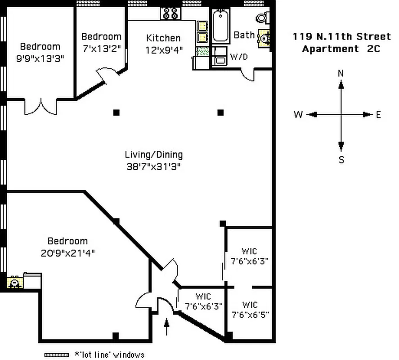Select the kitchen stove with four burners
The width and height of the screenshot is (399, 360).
pos(171,13)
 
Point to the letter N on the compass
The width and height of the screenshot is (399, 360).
pos(341,73)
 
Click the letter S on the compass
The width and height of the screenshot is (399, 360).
pos(341,160)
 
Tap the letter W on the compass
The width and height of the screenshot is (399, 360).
pos(298,115)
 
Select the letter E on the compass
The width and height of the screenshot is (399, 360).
pos(378,115)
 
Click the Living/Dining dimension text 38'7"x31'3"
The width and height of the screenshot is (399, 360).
pos(154,166)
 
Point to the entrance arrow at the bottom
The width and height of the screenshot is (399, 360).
pos(167,327)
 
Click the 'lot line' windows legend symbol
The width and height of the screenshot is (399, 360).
pos(56,355)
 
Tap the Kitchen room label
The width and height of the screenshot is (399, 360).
pos(163,38)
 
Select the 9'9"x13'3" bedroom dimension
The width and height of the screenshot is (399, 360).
pos(40,58)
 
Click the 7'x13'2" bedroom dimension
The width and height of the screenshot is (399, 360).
pos(101,49)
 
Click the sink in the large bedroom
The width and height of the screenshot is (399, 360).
pos(15,283)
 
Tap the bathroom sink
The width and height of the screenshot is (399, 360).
pos(264,39)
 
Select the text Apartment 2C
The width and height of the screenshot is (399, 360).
pos(341,49)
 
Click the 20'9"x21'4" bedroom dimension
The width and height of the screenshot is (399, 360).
pos(67,253)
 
